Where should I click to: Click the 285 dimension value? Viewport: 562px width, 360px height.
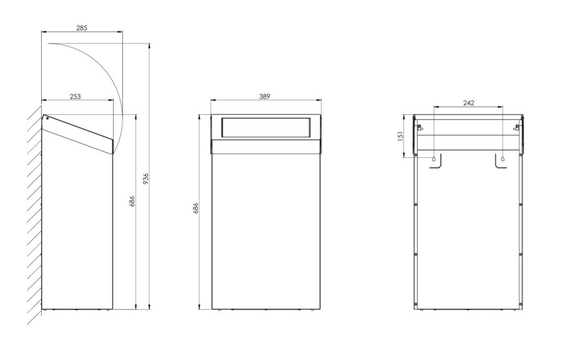pos(82,27)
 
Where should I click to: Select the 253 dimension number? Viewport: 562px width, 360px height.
pos(76,96)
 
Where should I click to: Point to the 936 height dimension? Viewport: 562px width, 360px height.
pos(145,178)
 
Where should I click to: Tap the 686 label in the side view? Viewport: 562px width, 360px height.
pos(132,202)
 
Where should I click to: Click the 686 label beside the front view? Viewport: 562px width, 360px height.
pos(195,208)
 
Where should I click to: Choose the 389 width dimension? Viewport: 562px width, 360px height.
pos(265,96)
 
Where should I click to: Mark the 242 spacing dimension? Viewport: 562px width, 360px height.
pos(468,103)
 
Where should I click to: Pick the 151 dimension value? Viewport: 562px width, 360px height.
pos(400,136)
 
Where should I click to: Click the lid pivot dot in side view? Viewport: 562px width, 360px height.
pos(47,119)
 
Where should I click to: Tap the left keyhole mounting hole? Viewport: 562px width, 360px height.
pos(434,158)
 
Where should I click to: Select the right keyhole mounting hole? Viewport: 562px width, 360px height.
pos(503,158)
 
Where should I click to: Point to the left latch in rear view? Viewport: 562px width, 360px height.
pos(420,127)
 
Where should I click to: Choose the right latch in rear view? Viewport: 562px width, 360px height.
pos(517,127)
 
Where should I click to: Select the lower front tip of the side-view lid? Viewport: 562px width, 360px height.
pos(113,153)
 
